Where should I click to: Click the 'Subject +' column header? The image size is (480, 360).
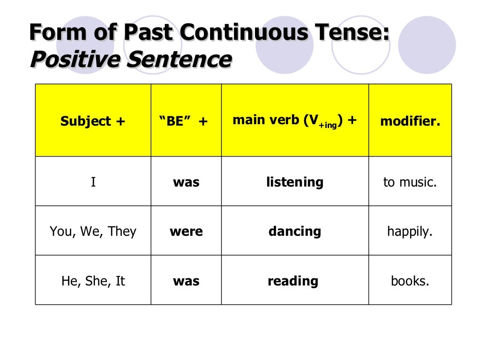[x=93, y=121]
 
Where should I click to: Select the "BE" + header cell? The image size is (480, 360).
[x=186, y=121]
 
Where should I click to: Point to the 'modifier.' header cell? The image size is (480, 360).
[x=410, y=121]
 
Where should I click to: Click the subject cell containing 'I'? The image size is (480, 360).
[x=93, y=182]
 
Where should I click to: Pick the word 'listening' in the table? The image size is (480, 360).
[x=295, y=182]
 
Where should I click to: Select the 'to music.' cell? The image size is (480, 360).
[x=410, y=182]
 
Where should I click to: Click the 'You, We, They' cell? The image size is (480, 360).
[x=93, y=232]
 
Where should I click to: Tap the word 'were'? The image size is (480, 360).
[x=186, y=232]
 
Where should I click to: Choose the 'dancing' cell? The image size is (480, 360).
[x=295, y=232]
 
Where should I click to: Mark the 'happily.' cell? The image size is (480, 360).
[x=410, y=232]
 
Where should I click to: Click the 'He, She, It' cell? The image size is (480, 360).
[x=93, y=281]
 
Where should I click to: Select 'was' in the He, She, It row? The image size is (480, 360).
[x=186, y=281]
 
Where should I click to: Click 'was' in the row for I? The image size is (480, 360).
[x=186, y=182]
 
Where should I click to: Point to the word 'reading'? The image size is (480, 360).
[x=293, y=281]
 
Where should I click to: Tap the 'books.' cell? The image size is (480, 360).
[x=410, y=281]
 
